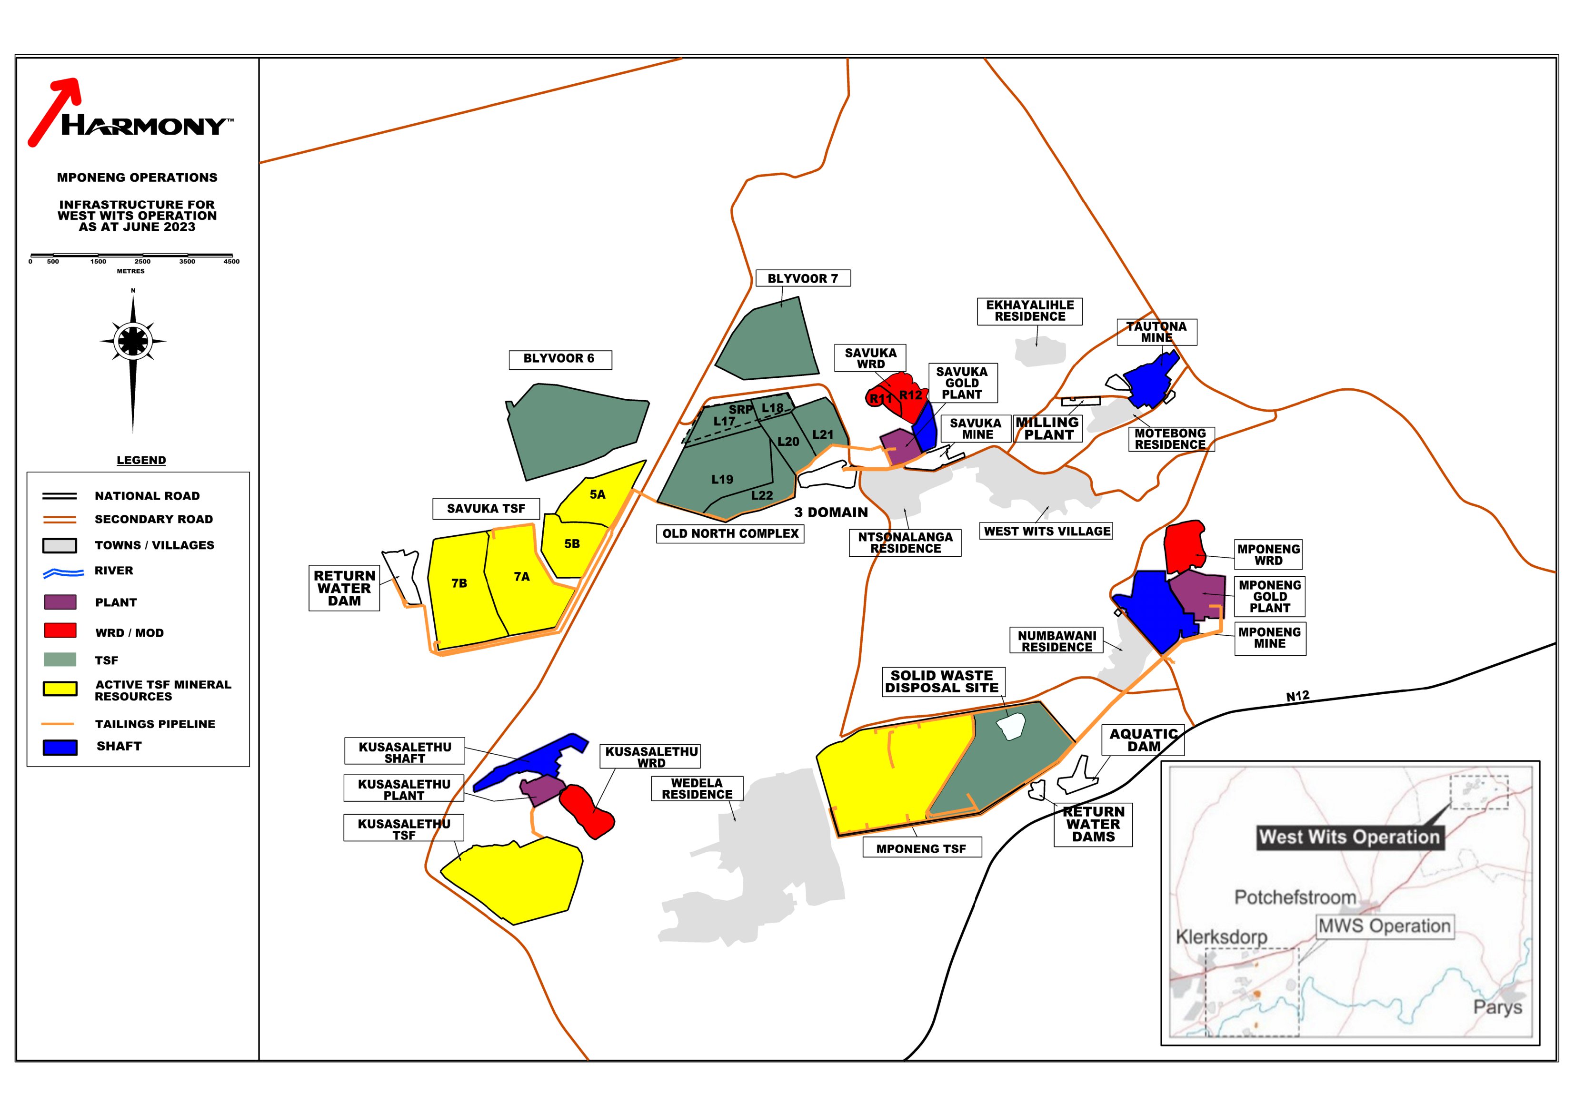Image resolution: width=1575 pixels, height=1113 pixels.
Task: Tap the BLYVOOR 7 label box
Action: pyautogui.click(x=803, y=278)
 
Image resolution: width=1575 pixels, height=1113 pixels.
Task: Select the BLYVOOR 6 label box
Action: pyautogui.click(x=559, y=359)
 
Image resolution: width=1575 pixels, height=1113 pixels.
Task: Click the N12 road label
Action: pyautogui.click(x=1297, y=696)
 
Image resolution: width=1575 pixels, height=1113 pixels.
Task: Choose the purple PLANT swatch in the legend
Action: pyautogui.click(x=60, y=602)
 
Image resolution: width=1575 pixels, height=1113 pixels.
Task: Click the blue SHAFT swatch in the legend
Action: pyautogui.click(x=60, y=747)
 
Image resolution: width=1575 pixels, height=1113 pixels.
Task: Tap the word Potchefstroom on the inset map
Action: pyautogui.click(x=1295, y=897)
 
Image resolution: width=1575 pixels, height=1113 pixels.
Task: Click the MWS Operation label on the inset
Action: pyautogui.click(x=1384, y=926)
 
